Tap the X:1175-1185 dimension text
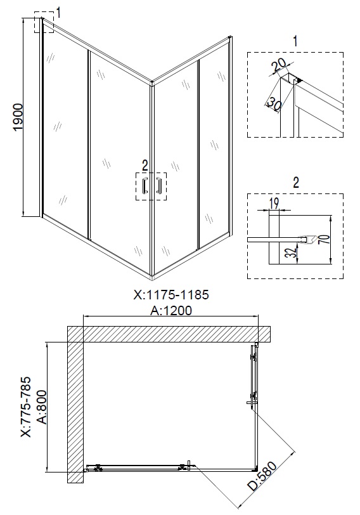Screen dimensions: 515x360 coord(170,295)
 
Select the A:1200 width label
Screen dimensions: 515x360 coord(170,310)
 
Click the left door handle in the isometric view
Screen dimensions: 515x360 coord(145,186)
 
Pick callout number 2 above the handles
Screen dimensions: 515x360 coord(145,166)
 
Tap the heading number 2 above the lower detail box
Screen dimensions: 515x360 coord(295,183)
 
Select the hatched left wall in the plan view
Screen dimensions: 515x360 coord(75,412)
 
